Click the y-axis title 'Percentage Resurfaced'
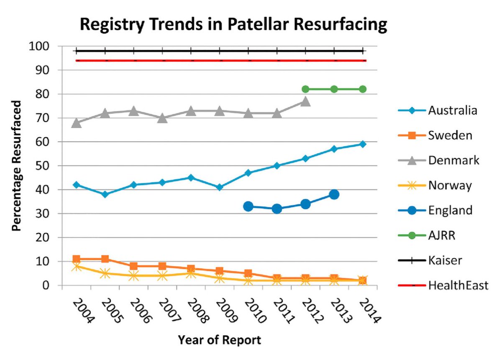[17, 165]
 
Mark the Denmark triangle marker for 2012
[305, 102]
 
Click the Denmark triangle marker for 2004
[76, 123]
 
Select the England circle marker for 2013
[334, 194]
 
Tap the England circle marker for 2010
[248, 206]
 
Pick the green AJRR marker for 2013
[334, 89]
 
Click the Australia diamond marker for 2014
[363, 144]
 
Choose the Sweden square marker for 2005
[105, 259]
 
